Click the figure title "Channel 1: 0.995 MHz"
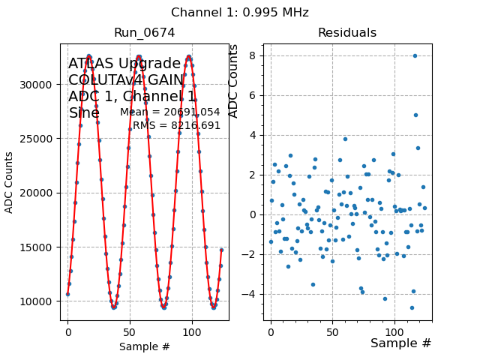click(239, 13)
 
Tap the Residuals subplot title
click(346, 33)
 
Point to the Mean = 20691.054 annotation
click(170, 112)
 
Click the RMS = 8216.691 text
click(176, 126)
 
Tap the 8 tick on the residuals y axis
click(253, 55)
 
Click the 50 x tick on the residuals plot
click(332, 330)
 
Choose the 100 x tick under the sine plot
click(192, 330)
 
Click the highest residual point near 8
click(415, 55)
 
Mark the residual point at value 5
click(415, 115)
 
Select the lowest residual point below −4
click(412, 307)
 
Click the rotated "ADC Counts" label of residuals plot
click(233, 81)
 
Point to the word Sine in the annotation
click(84, 113)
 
